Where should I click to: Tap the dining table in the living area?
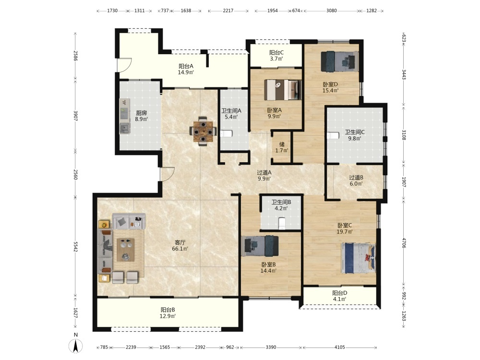[x=203, y=132]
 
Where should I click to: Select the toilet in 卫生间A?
[x=227, y=134]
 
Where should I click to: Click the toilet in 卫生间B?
[x=282, y=223]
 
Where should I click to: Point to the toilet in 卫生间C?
[x=333, y=135]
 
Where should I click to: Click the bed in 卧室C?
[x=359, y=258]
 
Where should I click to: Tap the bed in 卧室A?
[x=283, y=90]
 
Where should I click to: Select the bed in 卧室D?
[x=339, y=61]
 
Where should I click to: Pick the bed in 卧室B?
[x=260, y=246]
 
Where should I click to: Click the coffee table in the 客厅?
[x=125, y=250]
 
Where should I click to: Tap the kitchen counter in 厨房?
[x=125, y=116]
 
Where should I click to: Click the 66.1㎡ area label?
[x=180, y=249]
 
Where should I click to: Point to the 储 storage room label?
[x=282, y=144]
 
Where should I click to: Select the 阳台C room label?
[x=276, y=53]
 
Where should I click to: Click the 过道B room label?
[x=356, y=178]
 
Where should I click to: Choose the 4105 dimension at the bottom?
[x=339, y=347]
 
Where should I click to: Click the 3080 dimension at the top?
[x=332, y=11]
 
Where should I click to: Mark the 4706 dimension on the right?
[x=404, y=243]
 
